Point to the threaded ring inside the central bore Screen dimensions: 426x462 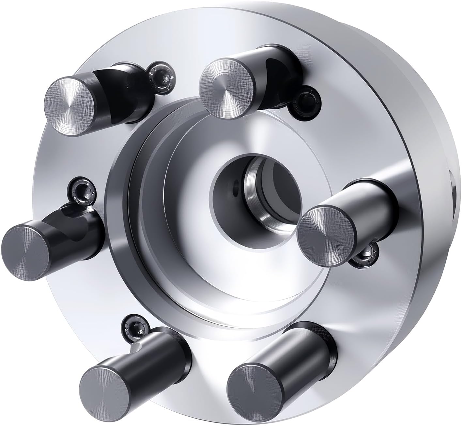pyautogui.click(x=258, y=196)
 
